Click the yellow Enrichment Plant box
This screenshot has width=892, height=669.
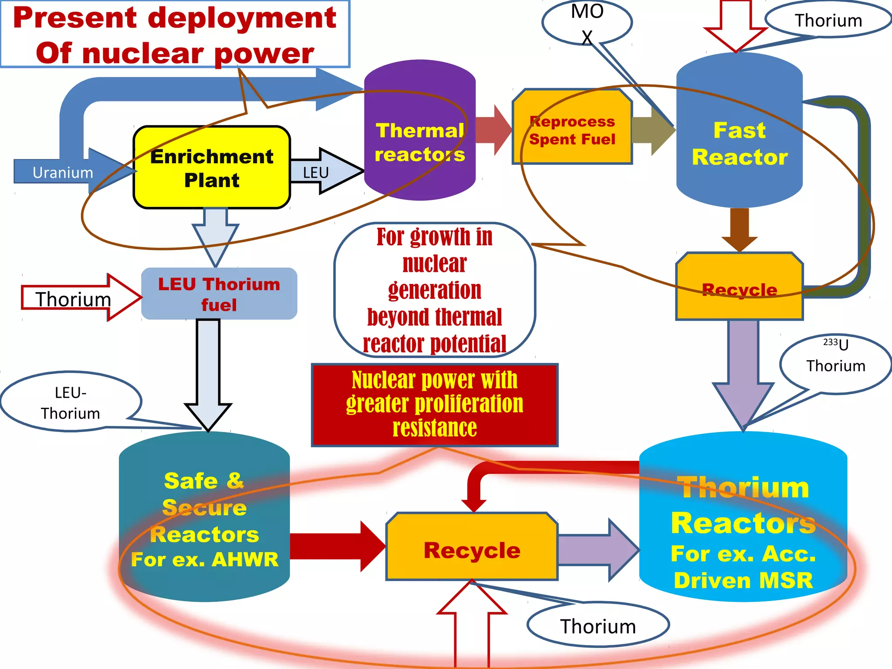[212, 168]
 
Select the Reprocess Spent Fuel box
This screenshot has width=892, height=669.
[572, 130]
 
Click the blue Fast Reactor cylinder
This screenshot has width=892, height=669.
[739, 144]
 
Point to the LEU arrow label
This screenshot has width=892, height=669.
[316, 172]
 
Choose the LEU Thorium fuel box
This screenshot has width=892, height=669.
[219, 294]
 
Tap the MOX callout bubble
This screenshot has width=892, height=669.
[587, 22]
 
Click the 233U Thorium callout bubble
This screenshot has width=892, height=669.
[835, 364]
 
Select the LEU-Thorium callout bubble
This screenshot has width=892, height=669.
[71, 402]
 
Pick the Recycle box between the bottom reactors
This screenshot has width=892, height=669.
[472, 550]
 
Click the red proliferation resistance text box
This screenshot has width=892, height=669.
[434, 404]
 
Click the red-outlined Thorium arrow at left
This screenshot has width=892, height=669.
[74, 298]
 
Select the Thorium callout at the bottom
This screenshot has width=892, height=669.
[598, 626]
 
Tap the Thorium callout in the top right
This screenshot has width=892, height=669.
[828, 20]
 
